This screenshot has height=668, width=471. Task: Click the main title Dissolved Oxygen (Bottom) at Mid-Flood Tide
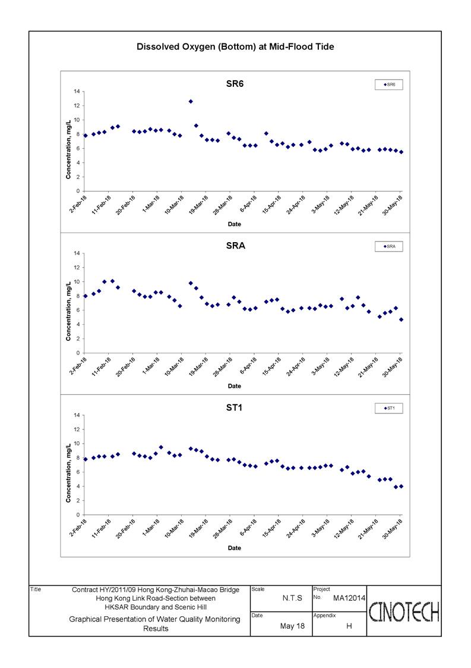coord(235,47)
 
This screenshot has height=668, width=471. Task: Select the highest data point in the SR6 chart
coord(191,101)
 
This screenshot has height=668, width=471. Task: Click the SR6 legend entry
coord(389,85)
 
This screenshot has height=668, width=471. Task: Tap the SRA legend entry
coord(389,246)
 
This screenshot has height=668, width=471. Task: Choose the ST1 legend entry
coord(389,408)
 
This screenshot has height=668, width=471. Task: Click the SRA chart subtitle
coord(235,246)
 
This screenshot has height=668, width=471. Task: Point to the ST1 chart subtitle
coord(235,407)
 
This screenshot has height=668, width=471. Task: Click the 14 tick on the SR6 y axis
coord(77,92)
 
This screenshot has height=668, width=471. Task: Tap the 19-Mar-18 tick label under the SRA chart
coord(198,366)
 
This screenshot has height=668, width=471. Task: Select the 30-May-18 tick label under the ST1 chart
coord(392,528)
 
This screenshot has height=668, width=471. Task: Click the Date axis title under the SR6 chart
coord(235,224)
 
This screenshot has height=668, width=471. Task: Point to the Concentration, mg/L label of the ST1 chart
coord(68,473)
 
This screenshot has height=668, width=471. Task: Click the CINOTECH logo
coord(404,611)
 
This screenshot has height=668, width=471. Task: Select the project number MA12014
coord(349,598)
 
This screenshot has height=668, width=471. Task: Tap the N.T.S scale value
coord(292,598)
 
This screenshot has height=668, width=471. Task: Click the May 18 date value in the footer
coord(292,626)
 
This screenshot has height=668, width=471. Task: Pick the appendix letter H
coord(349,626)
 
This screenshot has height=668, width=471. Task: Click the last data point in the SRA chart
coord(402,319)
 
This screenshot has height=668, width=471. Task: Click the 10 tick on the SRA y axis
coord(77,282)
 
